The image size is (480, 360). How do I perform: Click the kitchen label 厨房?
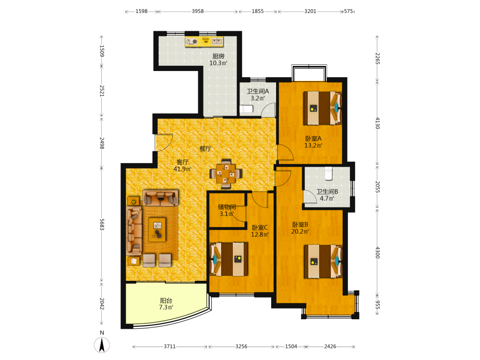click(218, 56)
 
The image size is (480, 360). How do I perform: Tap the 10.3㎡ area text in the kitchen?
click(218, 63)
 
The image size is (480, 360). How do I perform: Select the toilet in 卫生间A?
click(246, 108)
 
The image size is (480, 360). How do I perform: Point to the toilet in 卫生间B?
click(328, 173)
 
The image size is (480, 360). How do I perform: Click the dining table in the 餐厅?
click(226, 174)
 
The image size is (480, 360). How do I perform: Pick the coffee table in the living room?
click(157, 229)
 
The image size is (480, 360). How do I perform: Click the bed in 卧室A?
click(323, 108)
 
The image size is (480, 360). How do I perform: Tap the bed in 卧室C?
click(228, 259)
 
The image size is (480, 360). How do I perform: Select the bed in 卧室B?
click(323, 261)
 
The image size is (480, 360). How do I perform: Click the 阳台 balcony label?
click(166, 300)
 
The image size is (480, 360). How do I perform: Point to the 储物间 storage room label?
click(227, 207)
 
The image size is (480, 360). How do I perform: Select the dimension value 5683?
click(102, 224)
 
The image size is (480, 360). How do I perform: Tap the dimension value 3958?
click(198, 12)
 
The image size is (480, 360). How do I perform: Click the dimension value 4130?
click(377, 123)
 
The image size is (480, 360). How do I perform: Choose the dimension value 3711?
click(169, 347)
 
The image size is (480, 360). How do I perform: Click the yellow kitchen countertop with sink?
click(204, 41)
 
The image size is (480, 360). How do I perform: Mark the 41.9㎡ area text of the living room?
click(182, 169)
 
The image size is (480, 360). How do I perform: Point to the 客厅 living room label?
click(182, 162)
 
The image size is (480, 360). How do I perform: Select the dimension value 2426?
click(330, 347)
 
